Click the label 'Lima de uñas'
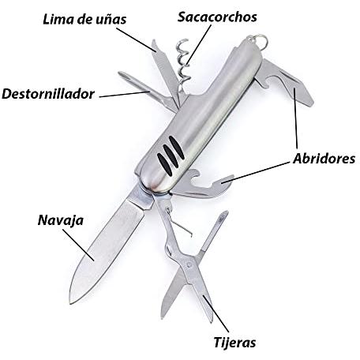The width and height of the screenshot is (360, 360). coord(84,20)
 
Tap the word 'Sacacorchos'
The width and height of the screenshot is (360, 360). coord(217,17)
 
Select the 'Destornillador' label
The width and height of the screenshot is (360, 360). coord(48,94)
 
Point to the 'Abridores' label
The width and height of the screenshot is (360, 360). coord(324,159)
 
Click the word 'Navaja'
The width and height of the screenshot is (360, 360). coord(61,220)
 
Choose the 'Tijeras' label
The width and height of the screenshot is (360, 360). coord(234,343)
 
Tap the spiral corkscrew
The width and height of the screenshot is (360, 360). coord(184,66)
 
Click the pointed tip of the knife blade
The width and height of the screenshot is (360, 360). coord(71,302)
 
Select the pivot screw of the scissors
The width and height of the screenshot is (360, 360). coord(189,264)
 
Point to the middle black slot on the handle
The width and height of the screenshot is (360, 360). coord(171,156)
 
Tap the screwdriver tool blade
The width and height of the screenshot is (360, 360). coord(148,91)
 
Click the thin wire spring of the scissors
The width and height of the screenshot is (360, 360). coord(179,223)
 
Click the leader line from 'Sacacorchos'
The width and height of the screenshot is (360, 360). coord(199,44)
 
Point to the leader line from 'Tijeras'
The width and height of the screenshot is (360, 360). coord(216,313)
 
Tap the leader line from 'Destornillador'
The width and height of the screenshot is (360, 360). coord(125,94)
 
